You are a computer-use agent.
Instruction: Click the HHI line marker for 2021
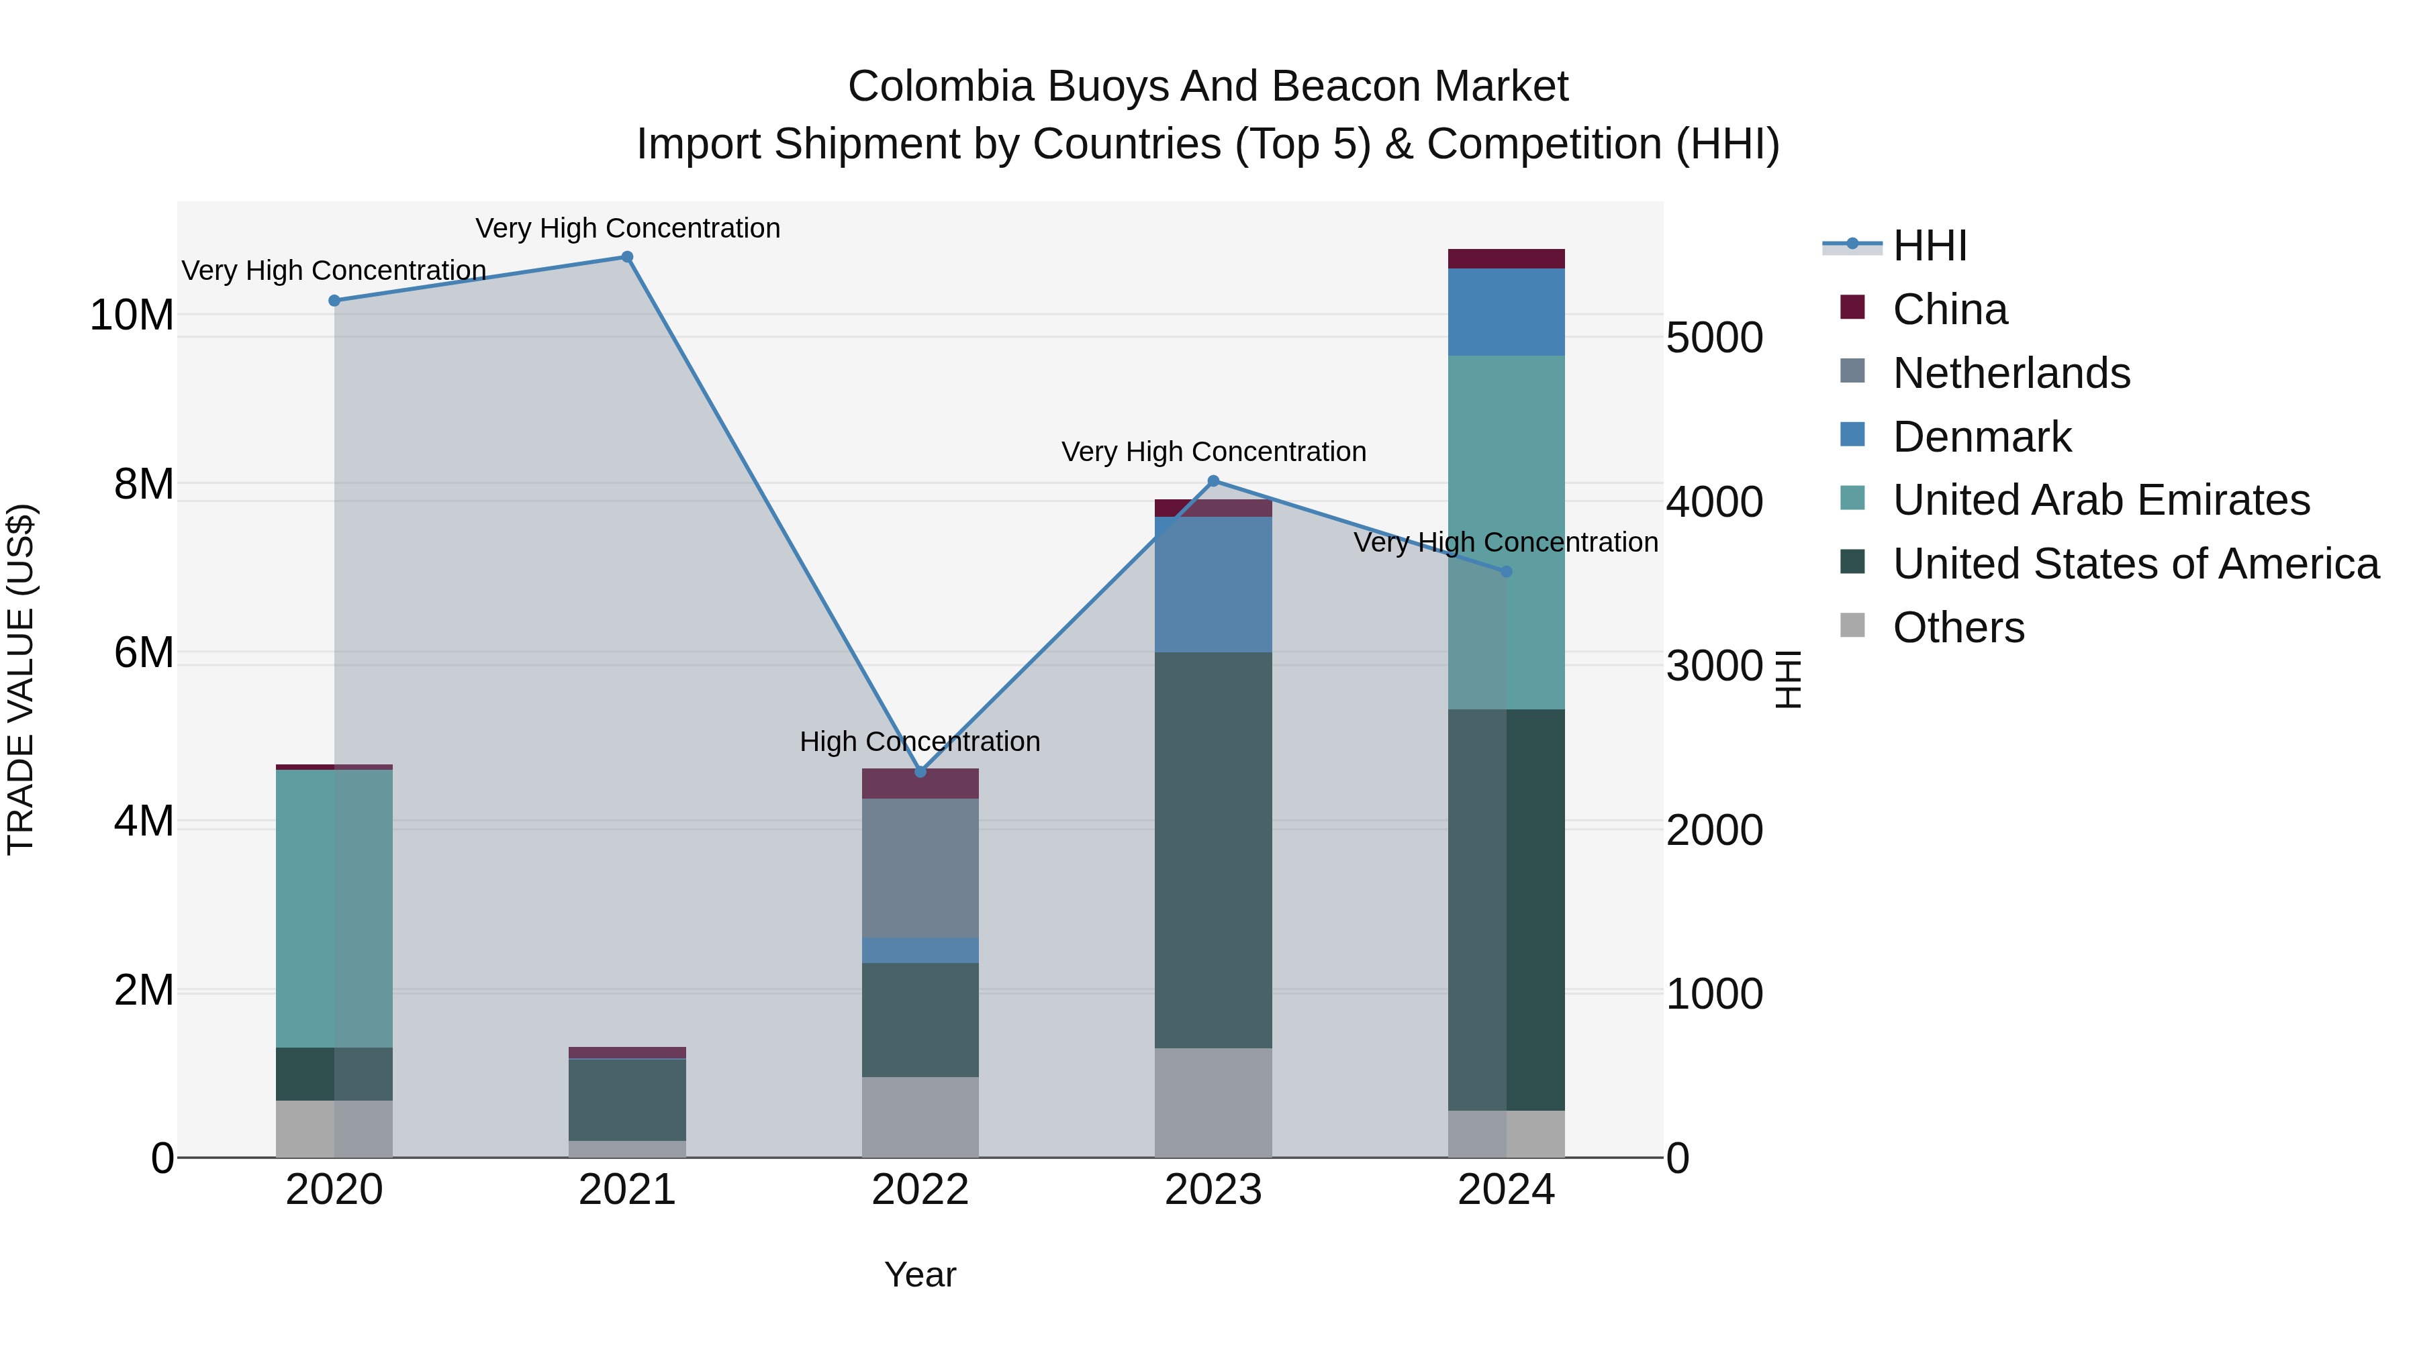[x=627, y=257]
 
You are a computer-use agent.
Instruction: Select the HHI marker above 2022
[x=920, y=772]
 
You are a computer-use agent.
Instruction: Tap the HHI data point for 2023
[x=1213, y=481]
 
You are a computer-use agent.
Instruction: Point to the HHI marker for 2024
[x=1506, y=571]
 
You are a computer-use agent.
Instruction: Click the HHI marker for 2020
[x=334, y=300]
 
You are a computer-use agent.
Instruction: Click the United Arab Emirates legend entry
[x=2100, y=500]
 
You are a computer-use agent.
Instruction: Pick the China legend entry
[x=1949, y=309]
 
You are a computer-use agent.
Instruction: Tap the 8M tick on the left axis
[x=144, y=484]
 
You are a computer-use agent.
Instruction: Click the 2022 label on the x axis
[x=920, y=1190]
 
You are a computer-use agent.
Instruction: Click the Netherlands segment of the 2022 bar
[x=920, y=868]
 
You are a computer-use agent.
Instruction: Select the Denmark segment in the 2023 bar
[x=1213, y=585]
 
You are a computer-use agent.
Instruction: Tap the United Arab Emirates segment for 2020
[x=334, y=908]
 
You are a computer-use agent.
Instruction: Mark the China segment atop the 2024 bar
[x=1506, y=259]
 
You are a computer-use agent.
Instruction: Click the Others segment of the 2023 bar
[x=1213, y=1102]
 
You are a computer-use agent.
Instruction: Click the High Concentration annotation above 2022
[x=920, y=742]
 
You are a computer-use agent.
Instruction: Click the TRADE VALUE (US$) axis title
[x=21, y=679]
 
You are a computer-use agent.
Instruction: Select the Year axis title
[x=920, y=1274]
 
